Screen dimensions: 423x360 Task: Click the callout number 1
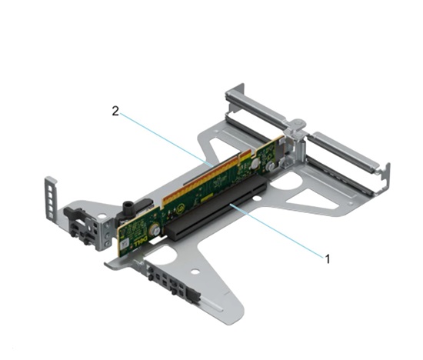pyautogui.click(x=328, y=259)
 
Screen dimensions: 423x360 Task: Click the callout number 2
pyautogui.click(x=115, y=111)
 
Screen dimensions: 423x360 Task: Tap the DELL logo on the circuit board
pyautogui.click(x=140, y=241)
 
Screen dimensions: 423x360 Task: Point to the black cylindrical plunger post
pyautogui.click(x=127, y=209)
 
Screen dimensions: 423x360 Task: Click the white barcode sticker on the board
pyautogui.click(x=124, y=245)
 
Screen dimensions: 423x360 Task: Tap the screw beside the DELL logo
pyautogui.click(x=154, y=230)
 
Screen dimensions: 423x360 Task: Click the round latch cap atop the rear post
pyautogui.click(x=298, y=123)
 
